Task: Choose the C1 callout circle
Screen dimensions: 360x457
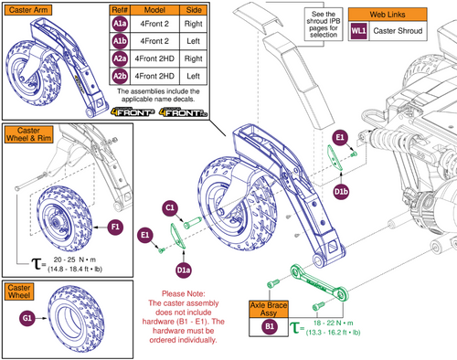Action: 170,209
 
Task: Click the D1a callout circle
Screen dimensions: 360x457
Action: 184,270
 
